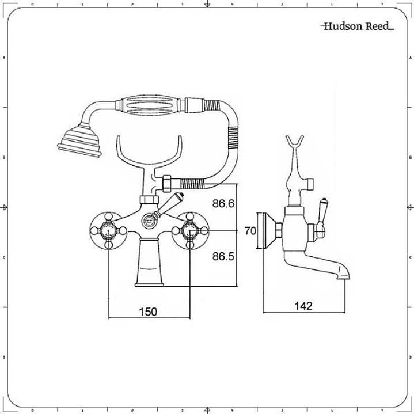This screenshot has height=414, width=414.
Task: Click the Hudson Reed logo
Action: [357, 26]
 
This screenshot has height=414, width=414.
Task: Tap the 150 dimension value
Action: [148, 312]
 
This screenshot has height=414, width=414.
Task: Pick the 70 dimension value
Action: [250, 231]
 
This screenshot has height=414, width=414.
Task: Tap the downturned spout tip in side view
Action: [344, 275]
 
